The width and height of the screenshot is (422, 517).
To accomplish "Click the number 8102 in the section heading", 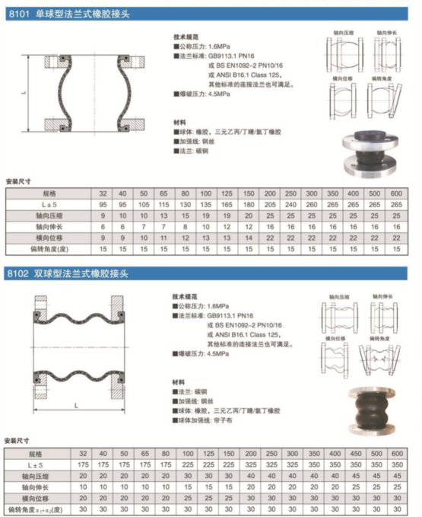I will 17,272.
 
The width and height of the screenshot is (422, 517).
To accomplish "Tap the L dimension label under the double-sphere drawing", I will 78,404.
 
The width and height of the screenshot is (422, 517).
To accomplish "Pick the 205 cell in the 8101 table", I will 269,205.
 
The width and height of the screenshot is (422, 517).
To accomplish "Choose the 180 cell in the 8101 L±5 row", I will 248,205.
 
